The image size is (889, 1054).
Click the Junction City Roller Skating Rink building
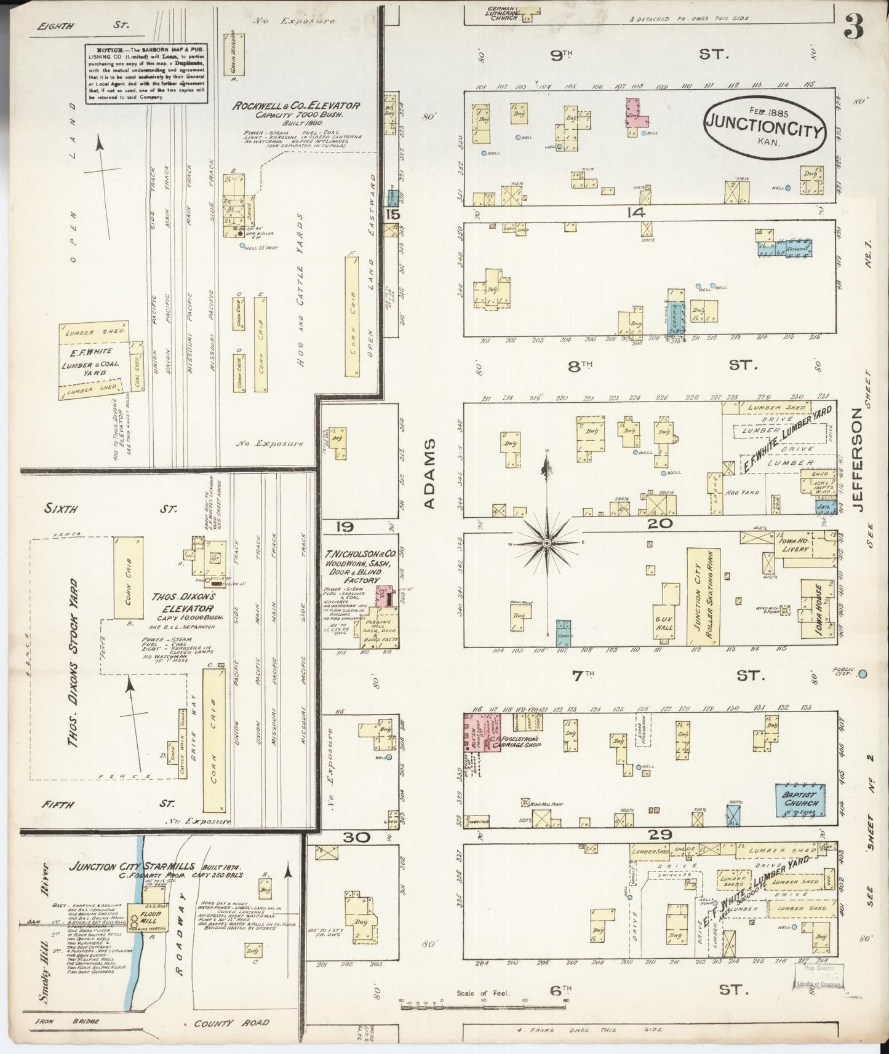(x=698, y=597)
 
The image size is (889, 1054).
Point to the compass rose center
(x=546, y=543)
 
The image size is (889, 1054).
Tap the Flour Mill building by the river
(x=143, y=914)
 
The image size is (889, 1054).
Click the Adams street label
(x=429, y=474)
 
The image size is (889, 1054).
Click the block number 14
(x=636, y=213)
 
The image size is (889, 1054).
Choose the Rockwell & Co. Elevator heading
(x=295, y=106)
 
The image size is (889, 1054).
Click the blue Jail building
(x=821, y=507)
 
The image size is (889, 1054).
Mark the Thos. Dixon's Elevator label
(x=187, y=600)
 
